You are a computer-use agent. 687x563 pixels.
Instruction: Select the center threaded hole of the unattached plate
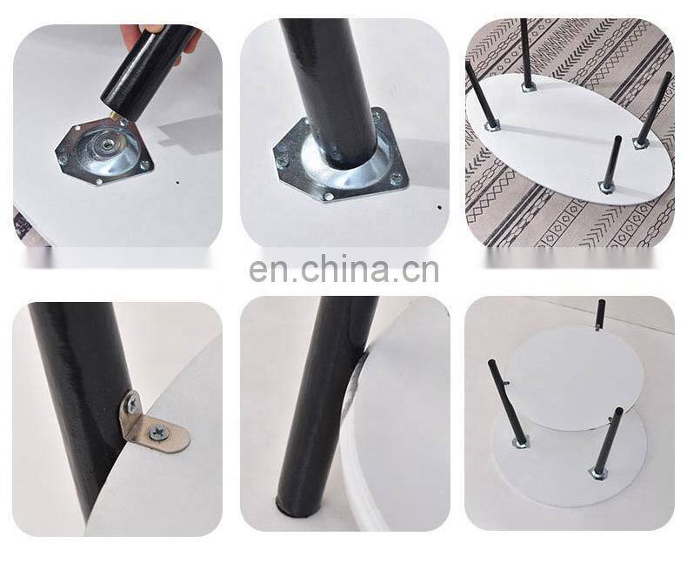click(105, 143)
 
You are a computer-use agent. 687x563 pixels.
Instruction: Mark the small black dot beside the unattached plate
click(177, 183)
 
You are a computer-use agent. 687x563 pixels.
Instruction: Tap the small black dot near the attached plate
click(439, 207)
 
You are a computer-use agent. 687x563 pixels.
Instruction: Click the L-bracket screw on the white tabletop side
click(157, 432)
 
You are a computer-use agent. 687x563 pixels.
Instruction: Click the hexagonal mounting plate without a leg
click(105, 149)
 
